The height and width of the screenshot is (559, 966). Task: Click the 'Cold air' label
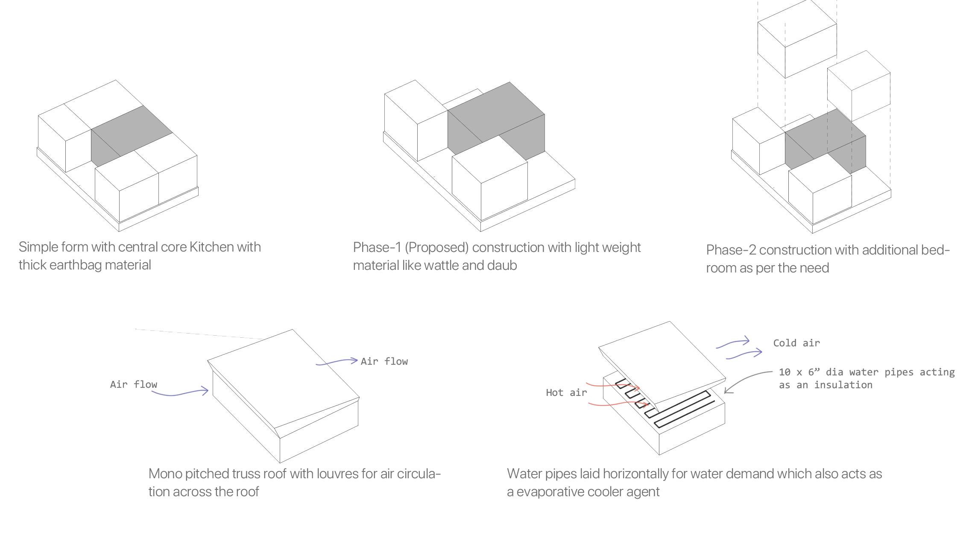pos(796,343)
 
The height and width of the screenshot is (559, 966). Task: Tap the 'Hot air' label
pos(566,392)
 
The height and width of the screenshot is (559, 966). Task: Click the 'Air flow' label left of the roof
pos(134,384)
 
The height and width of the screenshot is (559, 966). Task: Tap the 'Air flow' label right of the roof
pos(384,361)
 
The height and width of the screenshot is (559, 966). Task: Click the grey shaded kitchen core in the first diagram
pos(128,132)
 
